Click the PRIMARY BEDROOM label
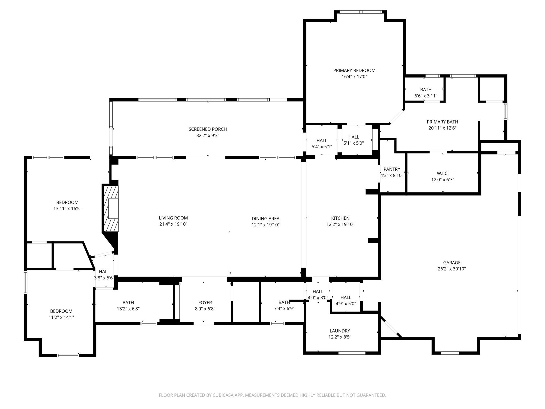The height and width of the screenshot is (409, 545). coord(354,70)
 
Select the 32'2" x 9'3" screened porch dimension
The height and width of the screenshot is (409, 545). coord(208,136)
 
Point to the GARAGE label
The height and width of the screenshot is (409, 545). coord(452,263)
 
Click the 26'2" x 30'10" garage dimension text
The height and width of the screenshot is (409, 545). coord(452,269)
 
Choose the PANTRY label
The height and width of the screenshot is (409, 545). coord(392,169)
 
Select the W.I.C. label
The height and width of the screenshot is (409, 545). coord(443,173)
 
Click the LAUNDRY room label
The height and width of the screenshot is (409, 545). coord(340,331)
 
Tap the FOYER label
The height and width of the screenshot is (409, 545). coord(205,302)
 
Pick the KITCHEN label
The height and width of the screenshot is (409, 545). coord(340,218)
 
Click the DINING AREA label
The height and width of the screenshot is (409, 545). coord(265,219)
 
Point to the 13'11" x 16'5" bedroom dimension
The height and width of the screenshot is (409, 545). coord(67,209)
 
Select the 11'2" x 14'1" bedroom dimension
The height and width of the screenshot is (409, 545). coord(61,317)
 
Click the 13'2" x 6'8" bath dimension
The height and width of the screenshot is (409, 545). coord(128,309)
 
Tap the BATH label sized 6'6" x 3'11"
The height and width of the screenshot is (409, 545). coord(426,90)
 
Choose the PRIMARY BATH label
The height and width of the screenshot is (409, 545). coord(442,122)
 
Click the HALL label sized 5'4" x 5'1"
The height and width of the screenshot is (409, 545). coord(322,140)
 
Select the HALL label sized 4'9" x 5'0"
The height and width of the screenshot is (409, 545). coord(346,297)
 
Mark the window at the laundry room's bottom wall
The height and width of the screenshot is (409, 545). coord(352,353)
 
